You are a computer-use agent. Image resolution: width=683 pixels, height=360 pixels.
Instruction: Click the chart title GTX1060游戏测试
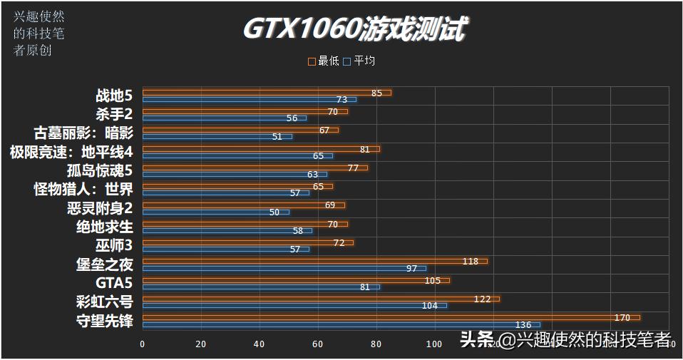354,29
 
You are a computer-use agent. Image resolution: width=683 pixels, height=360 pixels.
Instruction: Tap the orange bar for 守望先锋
391,317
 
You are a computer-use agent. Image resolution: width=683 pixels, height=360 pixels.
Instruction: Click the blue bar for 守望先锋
341,324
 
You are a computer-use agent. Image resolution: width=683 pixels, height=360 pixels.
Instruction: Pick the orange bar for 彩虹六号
321,299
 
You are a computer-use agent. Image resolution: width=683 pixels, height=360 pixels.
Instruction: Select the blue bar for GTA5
261,287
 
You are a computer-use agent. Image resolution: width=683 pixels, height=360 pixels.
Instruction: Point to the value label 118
470,262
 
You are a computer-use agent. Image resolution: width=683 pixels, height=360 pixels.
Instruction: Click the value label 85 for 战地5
376,93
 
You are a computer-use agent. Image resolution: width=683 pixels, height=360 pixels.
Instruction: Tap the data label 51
277,137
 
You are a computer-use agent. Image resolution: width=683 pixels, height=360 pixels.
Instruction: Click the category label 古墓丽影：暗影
83,133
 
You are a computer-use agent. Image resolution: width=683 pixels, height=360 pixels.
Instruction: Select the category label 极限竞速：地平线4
71,151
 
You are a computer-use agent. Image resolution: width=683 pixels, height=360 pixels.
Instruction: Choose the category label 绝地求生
104,227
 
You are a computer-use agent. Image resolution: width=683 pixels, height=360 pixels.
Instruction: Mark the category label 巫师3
114,245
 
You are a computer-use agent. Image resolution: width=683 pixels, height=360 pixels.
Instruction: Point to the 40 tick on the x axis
260,344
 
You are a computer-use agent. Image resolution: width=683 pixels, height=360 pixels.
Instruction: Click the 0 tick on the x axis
143,344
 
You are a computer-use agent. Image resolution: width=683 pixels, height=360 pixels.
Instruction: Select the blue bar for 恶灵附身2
215,212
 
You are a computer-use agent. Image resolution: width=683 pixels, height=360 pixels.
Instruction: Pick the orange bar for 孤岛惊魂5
255,168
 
